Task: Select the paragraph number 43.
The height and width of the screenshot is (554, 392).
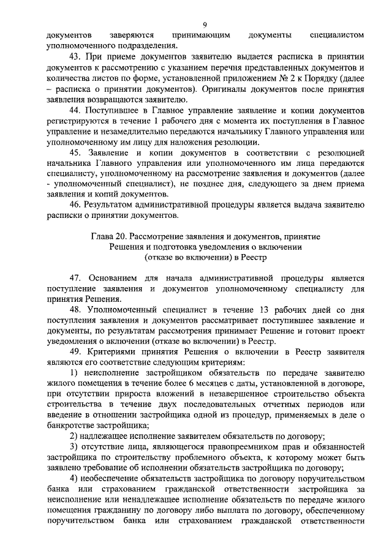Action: click(77, 56)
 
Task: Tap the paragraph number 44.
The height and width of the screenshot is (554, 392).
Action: click(77, 111)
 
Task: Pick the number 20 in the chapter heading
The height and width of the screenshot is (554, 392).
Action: click(124, 236)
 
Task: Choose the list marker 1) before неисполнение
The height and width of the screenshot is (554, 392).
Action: click(74, 355)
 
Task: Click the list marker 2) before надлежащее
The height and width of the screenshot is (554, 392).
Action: click(74, 436)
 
